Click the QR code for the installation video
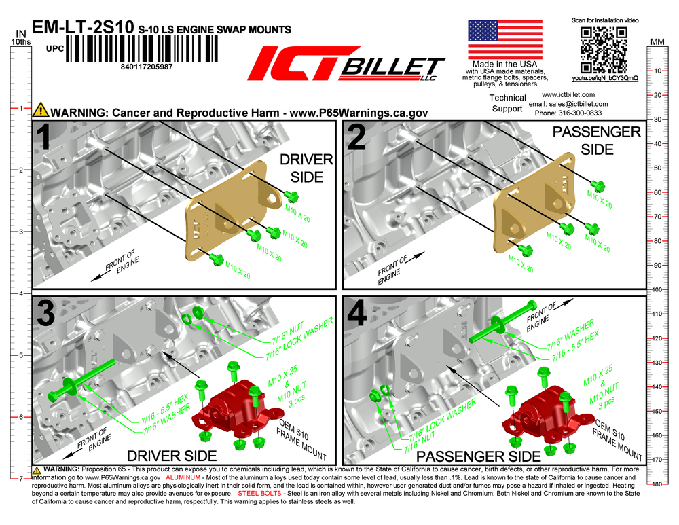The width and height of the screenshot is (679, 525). pyautogui.click(x=604, y=50)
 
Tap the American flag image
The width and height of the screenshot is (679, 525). pyautogui.click(x=505, y=39)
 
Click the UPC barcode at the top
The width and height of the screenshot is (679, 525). pyautogui.click(x=142, y=48)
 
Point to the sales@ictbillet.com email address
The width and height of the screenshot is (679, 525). pyautogui.click(x=578, y=104)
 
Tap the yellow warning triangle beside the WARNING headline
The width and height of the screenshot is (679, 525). pyautogui.click(x=41, y=110)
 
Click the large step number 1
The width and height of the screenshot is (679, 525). pyautogui.click(x=45, y=137)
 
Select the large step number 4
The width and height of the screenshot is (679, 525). pyautogui.click(x=357, y=314)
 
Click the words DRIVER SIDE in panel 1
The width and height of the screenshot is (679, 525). pyautogui.click(x=307, y=168)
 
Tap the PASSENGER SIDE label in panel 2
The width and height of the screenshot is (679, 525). pyautogui.click(x=597, y=141)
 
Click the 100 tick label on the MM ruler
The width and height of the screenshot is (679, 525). pyautogui.click(x=657, y=289)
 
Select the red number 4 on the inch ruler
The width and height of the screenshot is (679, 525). pyautogui.click(x=20, y=293)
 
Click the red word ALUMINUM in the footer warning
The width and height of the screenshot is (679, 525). pyautogui.click(x=183, y=477)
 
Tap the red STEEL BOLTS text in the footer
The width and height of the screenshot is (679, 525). pyautogui.click(x=259, y=493)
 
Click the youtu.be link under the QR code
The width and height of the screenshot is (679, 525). pyautogui.click(x=604, y=78)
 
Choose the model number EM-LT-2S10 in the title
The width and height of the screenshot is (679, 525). pyautogui.click(x=83, y=27)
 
